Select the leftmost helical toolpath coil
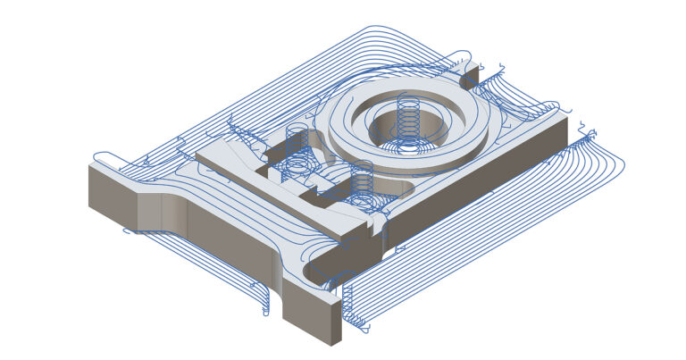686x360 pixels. (297, 142)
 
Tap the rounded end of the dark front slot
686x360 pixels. (315, 272)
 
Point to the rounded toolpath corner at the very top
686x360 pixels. (380, 29)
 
